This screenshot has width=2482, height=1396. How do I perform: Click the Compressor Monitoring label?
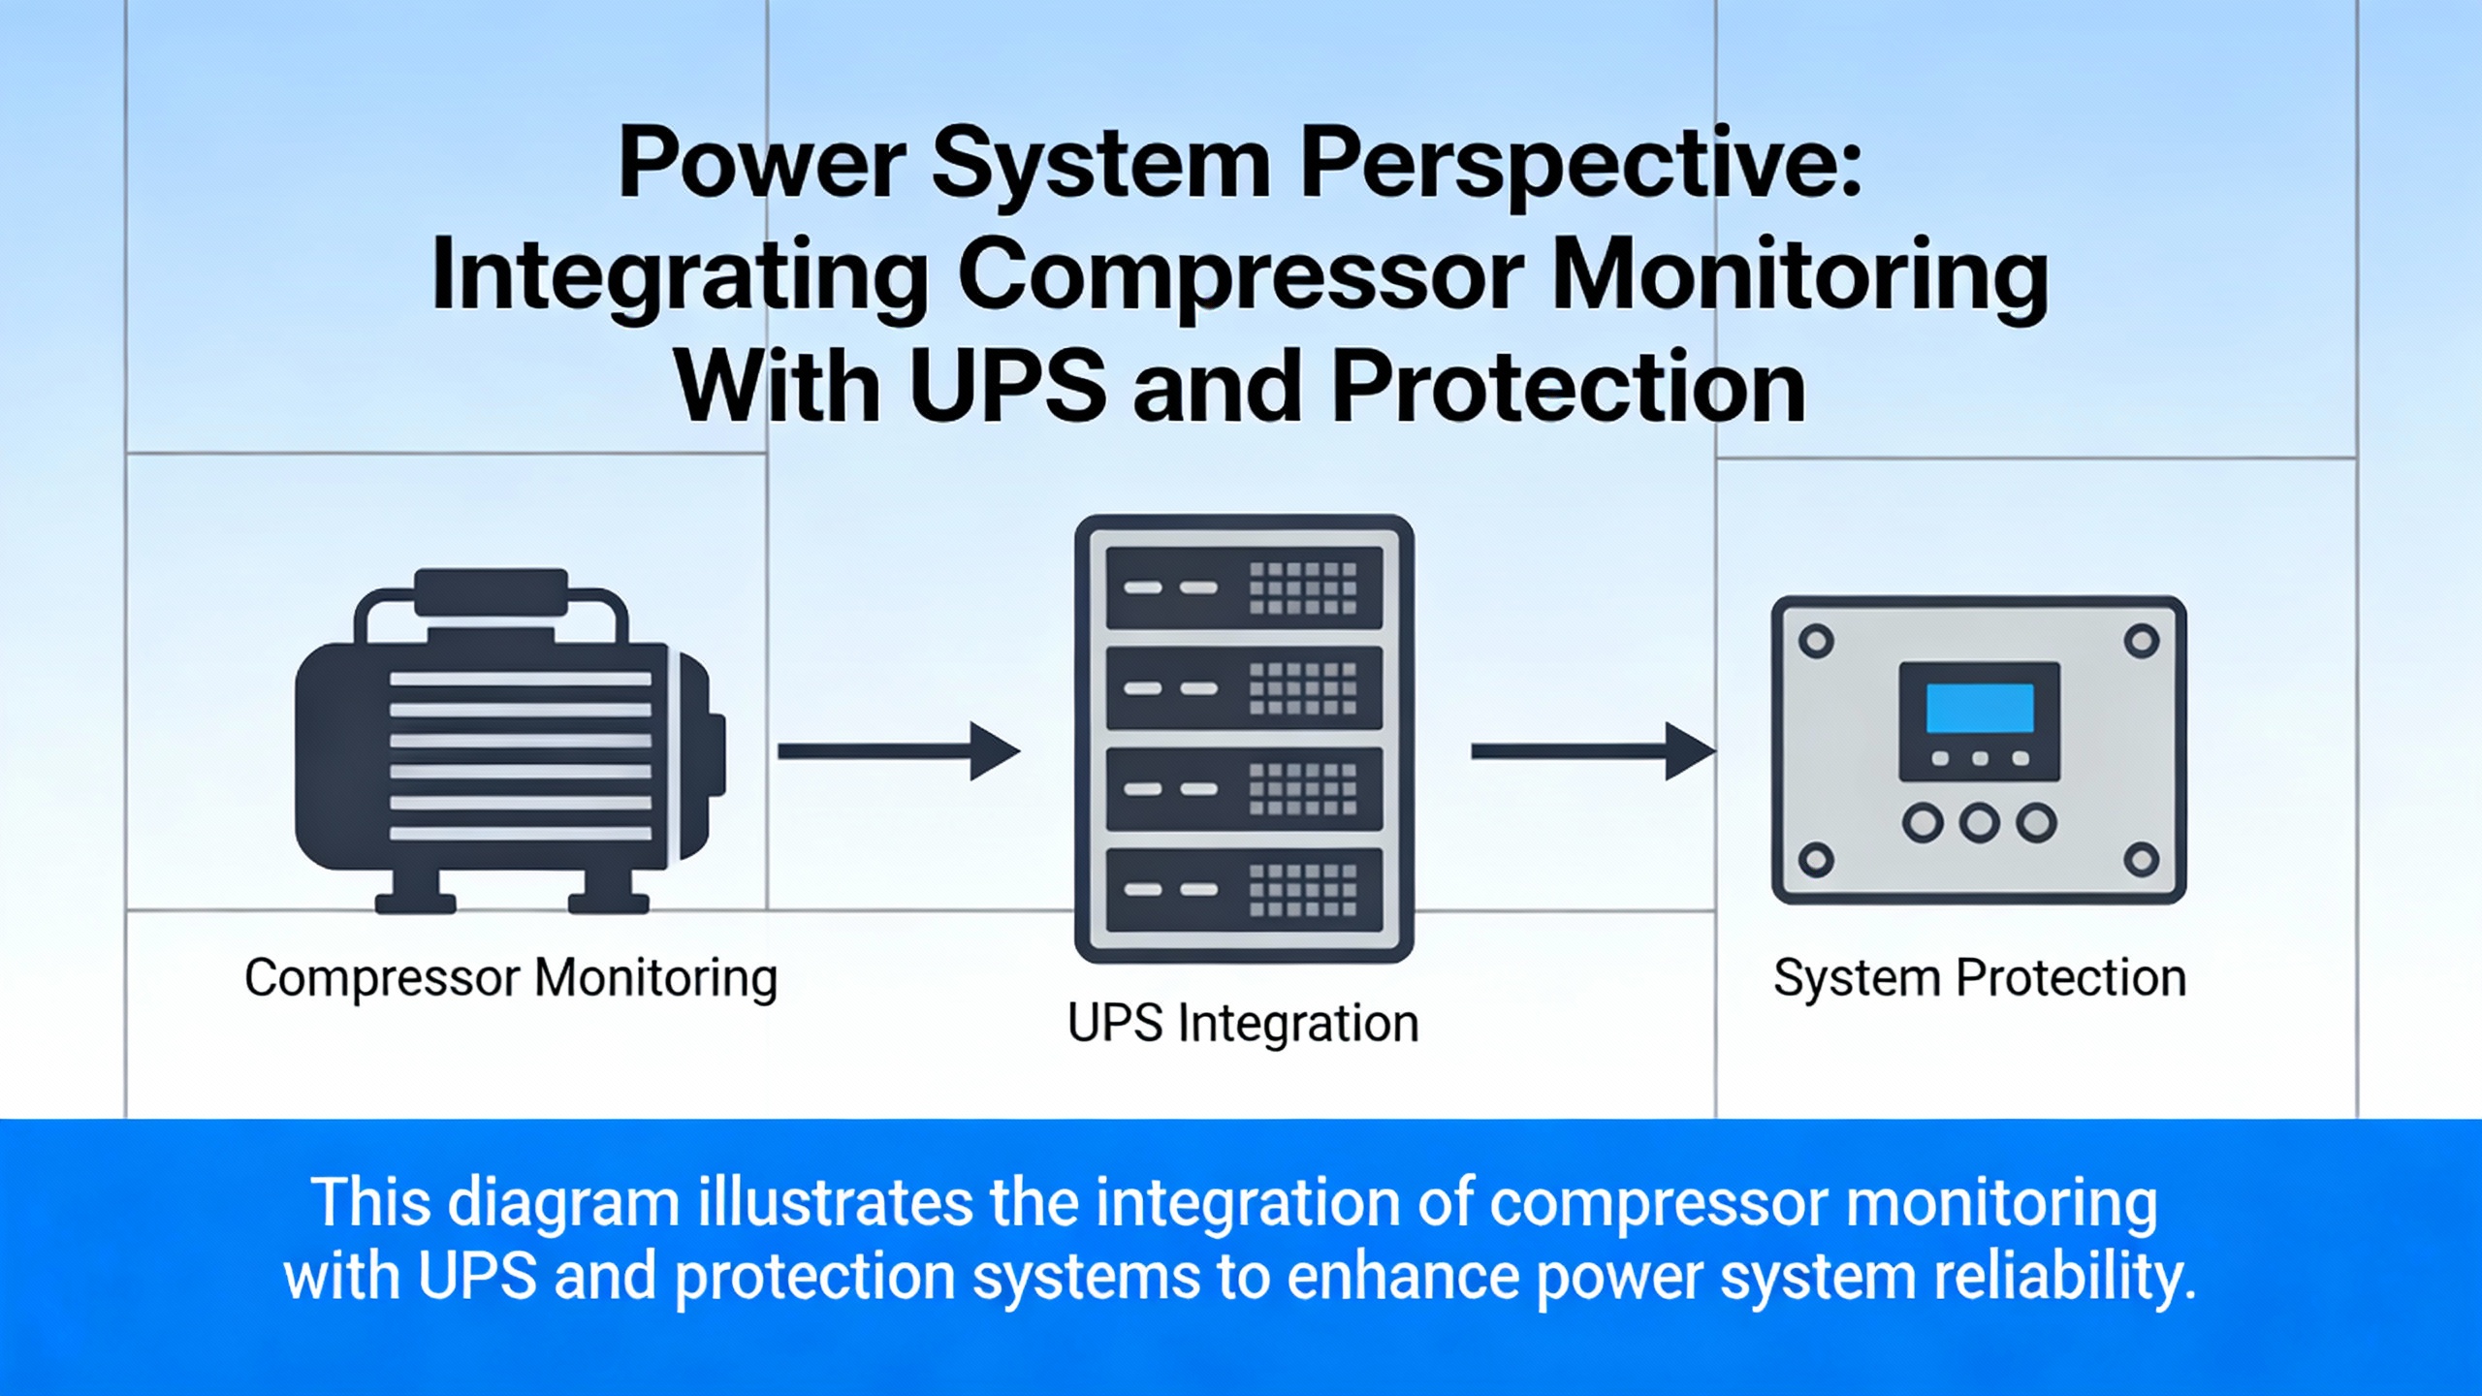511,977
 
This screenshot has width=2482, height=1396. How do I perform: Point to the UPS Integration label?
1243,1023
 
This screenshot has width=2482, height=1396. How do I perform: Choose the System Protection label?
1980,977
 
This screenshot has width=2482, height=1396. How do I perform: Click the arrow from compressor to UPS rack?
898,751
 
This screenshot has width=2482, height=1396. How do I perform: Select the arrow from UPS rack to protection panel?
1592,751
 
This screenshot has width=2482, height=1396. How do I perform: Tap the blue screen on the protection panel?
1980,709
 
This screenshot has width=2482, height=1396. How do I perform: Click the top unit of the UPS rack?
1244,587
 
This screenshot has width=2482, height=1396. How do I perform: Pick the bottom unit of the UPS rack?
1244,890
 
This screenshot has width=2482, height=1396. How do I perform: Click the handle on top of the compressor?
491,591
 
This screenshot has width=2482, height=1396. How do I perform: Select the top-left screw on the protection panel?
1816,641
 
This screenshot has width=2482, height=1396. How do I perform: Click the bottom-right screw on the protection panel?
2142,859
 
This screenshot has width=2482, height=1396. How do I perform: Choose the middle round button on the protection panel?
1980,823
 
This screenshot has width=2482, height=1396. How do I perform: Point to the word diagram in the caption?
563,1203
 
